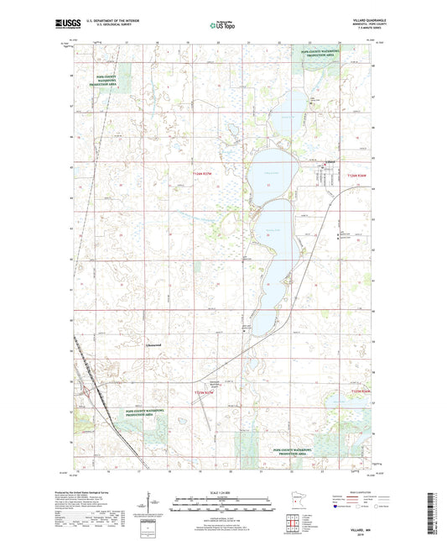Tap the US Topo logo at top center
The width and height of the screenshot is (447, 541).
222,26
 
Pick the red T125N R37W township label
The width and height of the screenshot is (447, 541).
204,392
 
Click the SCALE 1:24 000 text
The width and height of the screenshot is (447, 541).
222,491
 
